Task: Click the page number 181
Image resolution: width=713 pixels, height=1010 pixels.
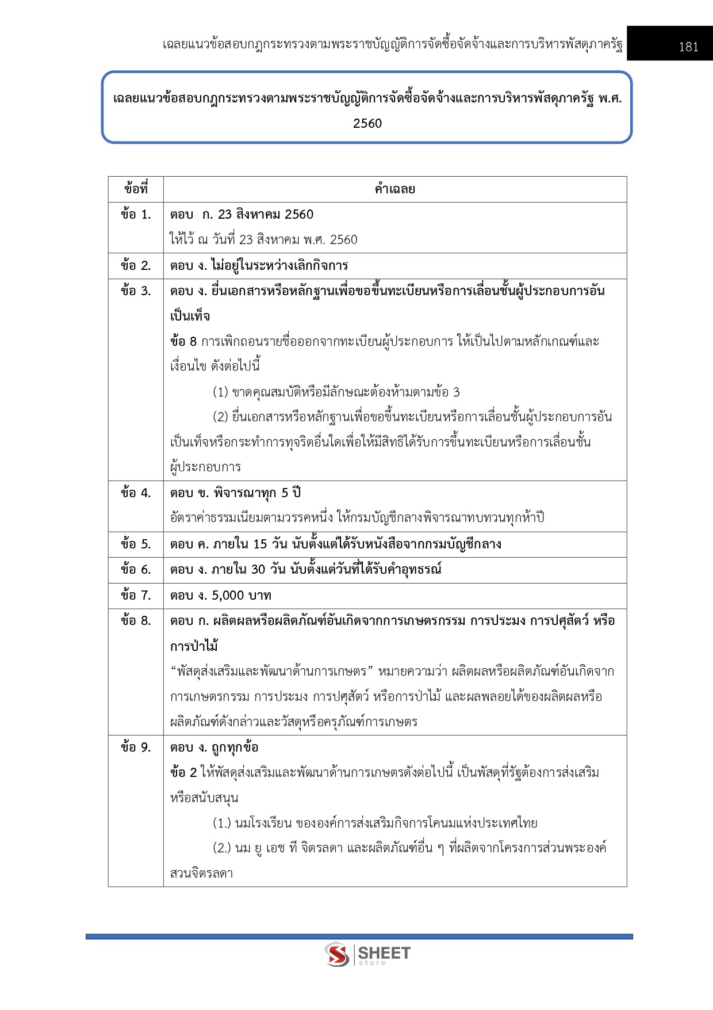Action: (688, 47)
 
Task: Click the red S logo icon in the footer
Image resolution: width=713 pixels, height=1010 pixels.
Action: (337, 954)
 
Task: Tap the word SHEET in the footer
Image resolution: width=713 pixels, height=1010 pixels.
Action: (384, 953)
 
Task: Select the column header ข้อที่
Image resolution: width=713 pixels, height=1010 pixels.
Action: (136, 189)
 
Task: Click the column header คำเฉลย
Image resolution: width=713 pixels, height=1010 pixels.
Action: (394, 189)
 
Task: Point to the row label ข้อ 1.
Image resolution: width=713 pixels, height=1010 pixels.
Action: (136, 215)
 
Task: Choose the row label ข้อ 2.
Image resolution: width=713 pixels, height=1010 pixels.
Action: (136, 266)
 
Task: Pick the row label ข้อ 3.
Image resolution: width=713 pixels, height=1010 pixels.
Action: (136, 291)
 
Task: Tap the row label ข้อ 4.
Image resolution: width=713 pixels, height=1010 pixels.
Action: (136, 493)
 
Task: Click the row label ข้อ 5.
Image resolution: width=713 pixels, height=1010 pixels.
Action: (136, 544)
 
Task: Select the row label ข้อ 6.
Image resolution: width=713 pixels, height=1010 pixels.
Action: (136, 570)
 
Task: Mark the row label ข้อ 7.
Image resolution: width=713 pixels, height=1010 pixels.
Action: (136, 595)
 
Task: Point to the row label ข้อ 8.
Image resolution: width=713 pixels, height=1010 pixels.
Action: (136, 621)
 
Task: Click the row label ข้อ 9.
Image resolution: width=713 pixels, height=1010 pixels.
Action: (136, 748)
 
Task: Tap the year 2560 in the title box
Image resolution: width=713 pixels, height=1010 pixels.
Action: (367, 124)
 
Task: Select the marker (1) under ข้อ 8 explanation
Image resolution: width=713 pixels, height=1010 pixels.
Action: (220, 392)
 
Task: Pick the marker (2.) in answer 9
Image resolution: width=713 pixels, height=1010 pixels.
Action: (222, 848)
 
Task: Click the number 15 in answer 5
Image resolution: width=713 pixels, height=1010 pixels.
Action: (260, 544)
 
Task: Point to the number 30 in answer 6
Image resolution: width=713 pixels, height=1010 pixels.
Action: (258, 570)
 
